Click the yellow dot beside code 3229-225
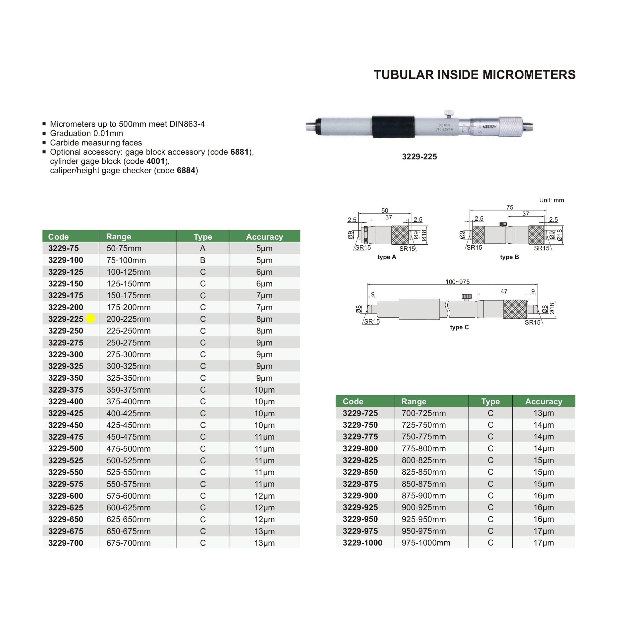point(91,319)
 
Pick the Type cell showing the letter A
point(203,248)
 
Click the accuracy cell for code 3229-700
point(264,543)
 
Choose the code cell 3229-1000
point(362,543)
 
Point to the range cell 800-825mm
point(423,460)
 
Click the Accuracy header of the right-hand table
point(544,402)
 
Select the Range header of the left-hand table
point(118,236)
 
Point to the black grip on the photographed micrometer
point(393,127)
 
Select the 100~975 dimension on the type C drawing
point(457,282)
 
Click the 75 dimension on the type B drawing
point(510,207)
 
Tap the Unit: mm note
point(551,200)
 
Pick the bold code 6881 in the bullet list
point(239,152)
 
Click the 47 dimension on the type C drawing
point(504,291)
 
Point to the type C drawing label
point(459,327)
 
